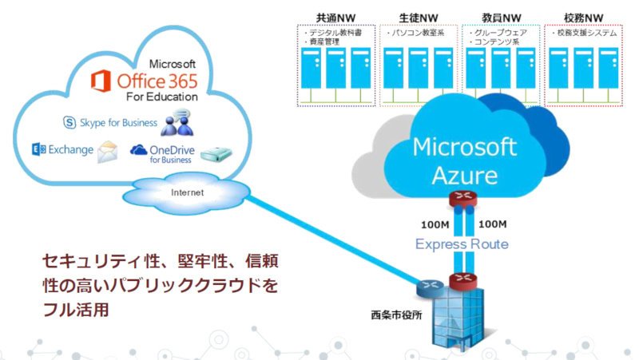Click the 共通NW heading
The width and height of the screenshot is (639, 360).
[x=335, y=18]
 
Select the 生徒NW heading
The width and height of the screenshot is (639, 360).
[x=419, y=18]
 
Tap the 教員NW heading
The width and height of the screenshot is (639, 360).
[x=502, y=18]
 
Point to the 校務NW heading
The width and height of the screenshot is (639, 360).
[x=584, y=18]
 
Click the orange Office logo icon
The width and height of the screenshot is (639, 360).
[x=101, y=81]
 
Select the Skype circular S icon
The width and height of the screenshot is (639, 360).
[x=69, y=122]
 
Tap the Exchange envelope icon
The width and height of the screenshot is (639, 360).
[x=108, y=152]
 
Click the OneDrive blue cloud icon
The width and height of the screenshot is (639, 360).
[x=138, y=150]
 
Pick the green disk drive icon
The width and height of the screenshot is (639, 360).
[x=216, y=154]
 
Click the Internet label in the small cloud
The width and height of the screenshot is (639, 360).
[x=188, y=192]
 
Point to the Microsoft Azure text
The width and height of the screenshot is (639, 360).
[x=465, y=161]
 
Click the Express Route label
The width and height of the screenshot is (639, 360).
[x=462, y=244]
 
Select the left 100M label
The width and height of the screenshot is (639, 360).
[x=435, y=224]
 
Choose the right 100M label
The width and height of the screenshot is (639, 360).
[x=492, y=224]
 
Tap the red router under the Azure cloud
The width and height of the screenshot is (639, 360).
[x=463, y=198]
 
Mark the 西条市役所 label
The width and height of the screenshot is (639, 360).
[x=396, y=315]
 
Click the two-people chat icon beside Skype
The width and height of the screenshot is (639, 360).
[x=177, y=122]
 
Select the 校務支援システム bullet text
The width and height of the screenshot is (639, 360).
[x=585, y=33]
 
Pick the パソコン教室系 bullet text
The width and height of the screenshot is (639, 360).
[x=415, y=33]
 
